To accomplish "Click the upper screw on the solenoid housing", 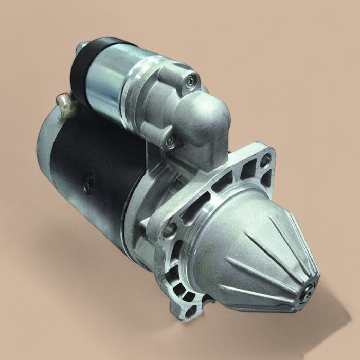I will pos(192,79).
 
